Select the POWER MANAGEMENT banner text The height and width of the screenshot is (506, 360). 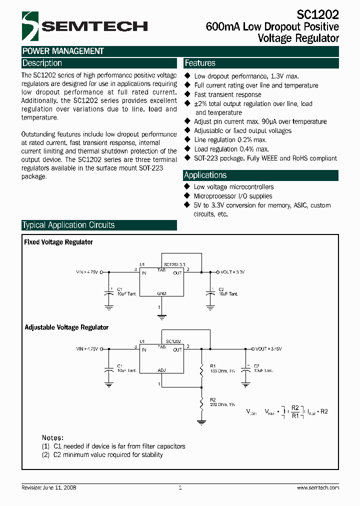[x=63, y=51]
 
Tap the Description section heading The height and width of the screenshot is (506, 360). [x=42, y=63]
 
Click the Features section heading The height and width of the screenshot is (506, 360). [x=200, y=63]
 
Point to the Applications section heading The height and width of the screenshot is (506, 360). [x=205, y=175]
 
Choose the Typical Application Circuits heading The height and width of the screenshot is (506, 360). [x=68, y=225]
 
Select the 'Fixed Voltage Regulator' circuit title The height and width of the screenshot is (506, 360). [x=58, y=242]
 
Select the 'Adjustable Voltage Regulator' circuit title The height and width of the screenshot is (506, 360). [x=66, y=327]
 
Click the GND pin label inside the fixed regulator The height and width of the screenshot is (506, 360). [x=161, y=292]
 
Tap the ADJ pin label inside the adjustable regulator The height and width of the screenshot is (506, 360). [x=161, y=370]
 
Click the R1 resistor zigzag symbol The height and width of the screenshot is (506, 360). [x=201, y=370]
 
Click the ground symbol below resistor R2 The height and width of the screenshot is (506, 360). [x=201, y=422]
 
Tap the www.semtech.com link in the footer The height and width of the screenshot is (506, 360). [x=318, y=487]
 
